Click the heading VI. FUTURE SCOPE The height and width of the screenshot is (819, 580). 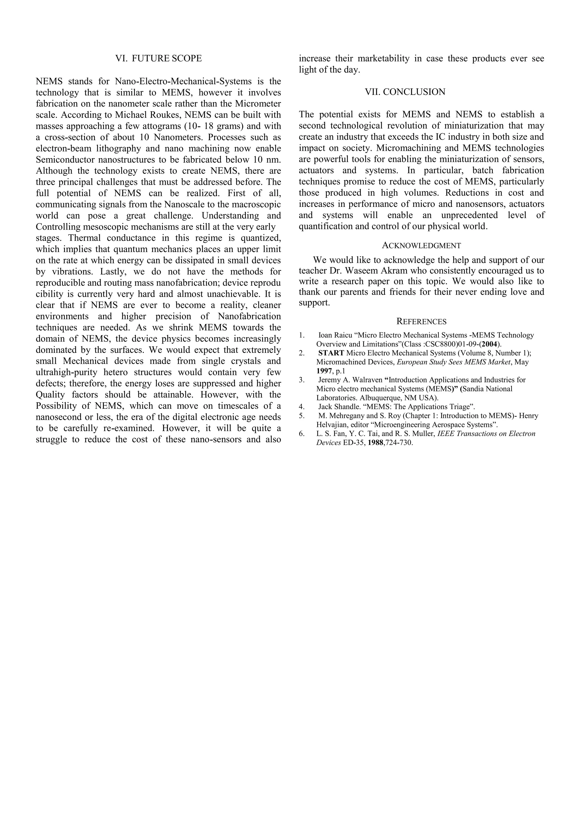click(x=159, y=59)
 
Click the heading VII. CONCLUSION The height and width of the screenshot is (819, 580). click(x=405, y=92)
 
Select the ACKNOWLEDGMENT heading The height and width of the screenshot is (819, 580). click(x=421, y=245)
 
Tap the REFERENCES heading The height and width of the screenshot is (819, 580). click(x=421, y=321)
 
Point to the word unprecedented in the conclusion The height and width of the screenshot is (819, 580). click(x=469, y=215)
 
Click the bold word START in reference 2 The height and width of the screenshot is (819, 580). click(x=331, y=353)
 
